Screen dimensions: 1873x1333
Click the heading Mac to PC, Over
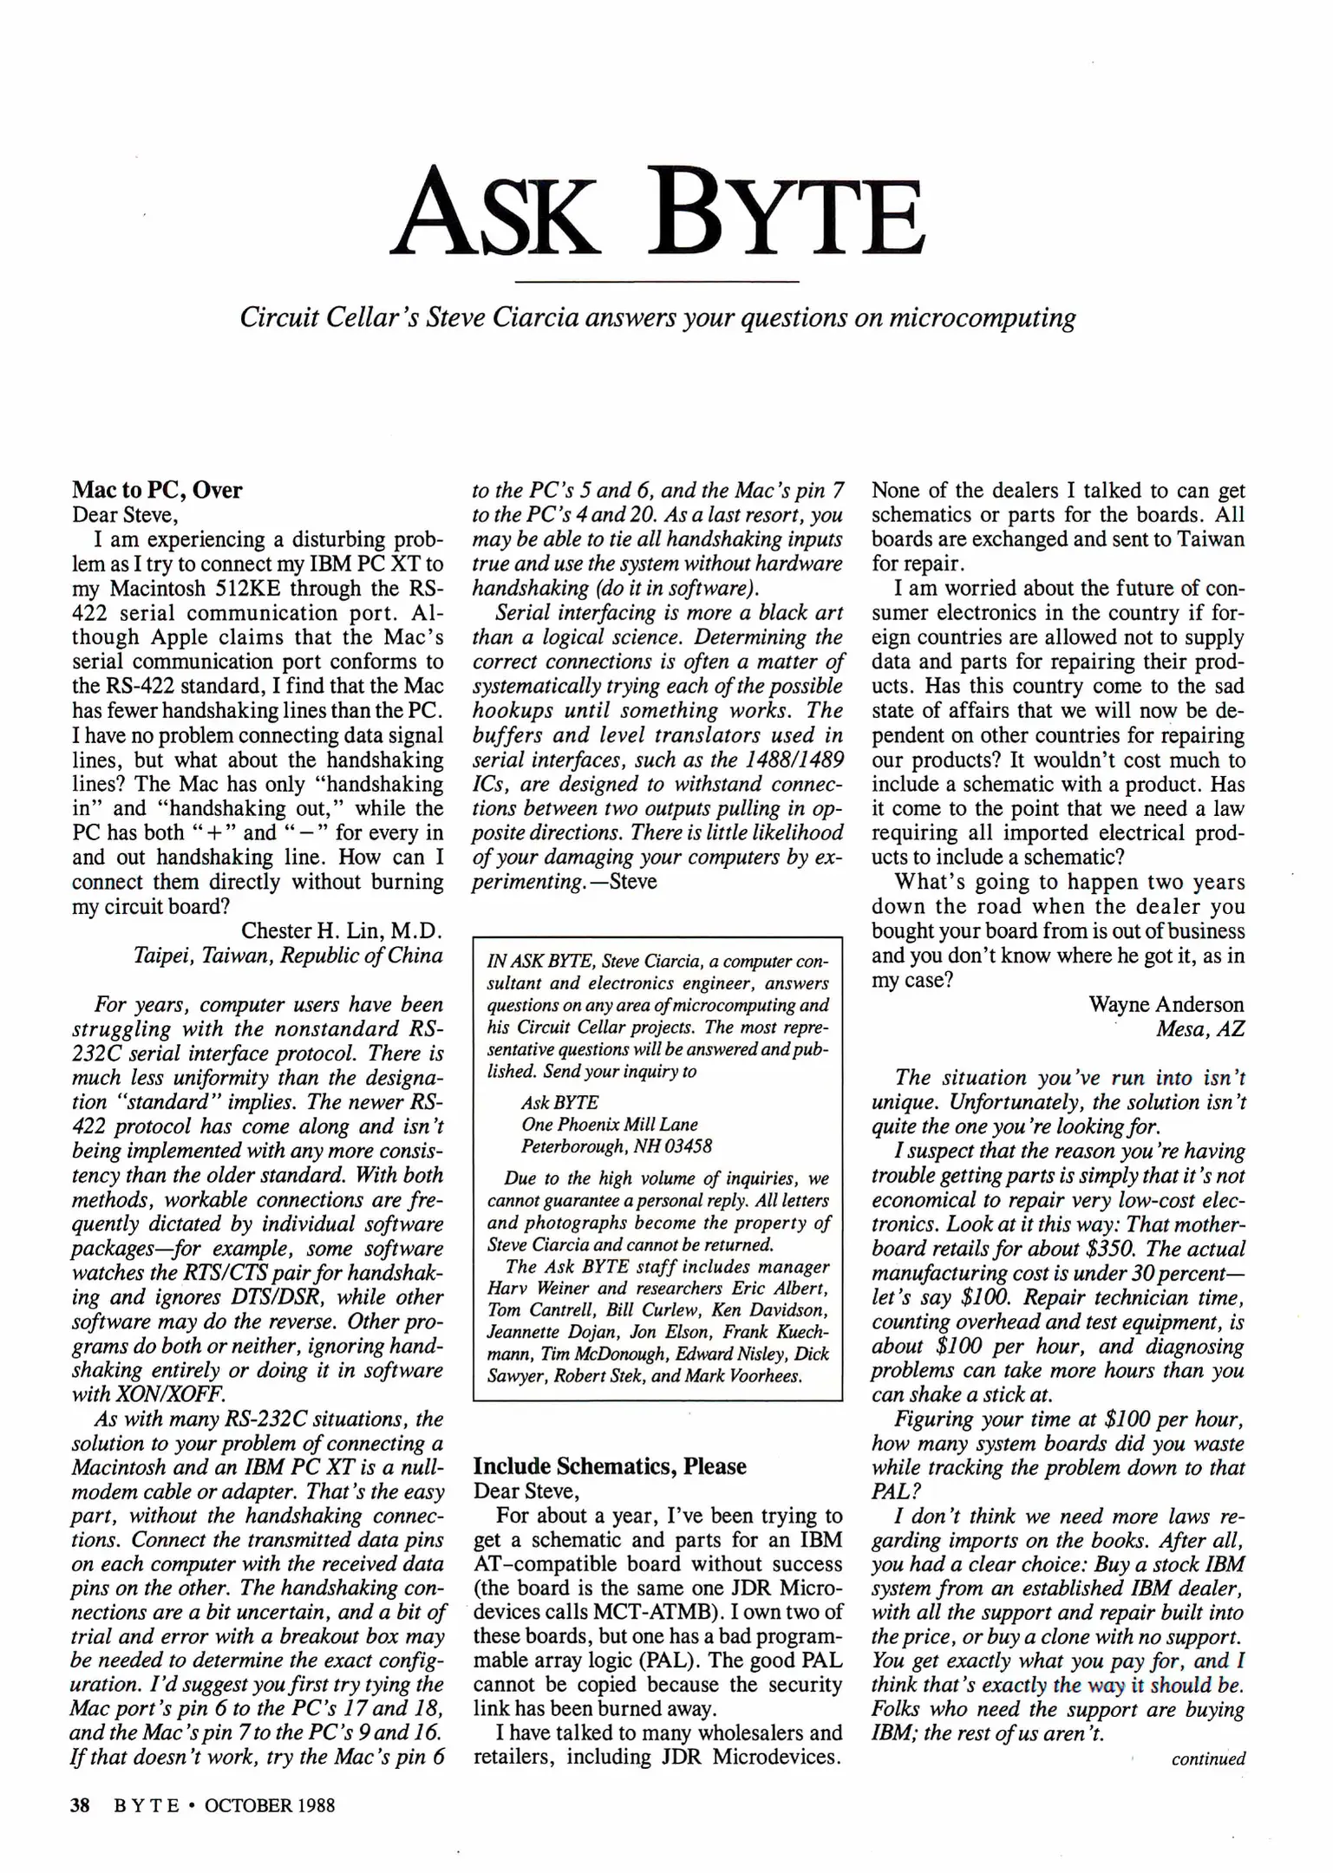[x=157, y=490]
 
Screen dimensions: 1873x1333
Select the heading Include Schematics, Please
[x=610, y=1466]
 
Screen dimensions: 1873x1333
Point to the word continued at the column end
[x=1207, y=1759]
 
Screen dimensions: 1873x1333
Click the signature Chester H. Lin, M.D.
[x=342, y=931]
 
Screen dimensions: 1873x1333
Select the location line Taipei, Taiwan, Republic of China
[x=287, y=956]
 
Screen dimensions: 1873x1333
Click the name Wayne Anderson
[x=1166, y=1004]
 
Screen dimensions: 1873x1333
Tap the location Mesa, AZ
[x=1199, y=1029]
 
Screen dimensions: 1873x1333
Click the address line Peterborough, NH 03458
[x=616, y=1146]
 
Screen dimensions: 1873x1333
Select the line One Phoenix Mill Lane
[x=609, y=1125]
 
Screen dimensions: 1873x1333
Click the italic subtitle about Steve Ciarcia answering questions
[x=657, y=318]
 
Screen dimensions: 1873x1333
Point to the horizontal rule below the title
[x=657, y=282]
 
